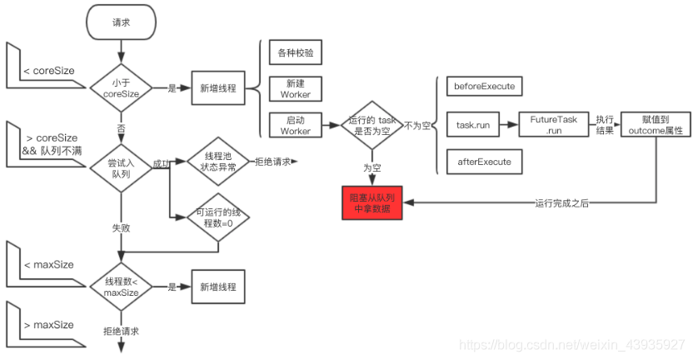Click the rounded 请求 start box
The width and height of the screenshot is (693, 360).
[121, 22]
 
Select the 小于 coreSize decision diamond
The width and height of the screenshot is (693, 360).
[121, 87]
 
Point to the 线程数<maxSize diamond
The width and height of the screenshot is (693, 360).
[121, 287]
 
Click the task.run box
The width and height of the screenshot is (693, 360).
[473, 124]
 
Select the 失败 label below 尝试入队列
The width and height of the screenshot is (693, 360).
[121, 226]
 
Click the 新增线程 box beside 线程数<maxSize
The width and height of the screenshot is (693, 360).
[218, 287]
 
